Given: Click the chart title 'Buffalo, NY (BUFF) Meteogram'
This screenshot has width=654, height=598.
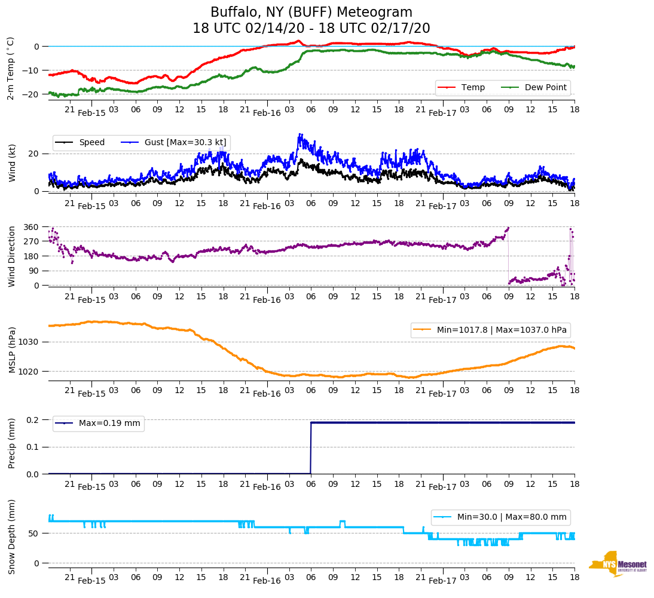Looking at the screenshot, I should click(311, 13).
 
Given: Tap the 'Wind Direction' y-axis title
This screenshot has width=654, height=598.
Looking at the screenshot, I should click(12, 256).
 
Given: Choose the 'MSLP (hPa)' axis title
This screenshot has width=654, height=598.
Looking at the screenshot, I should click(12, 349).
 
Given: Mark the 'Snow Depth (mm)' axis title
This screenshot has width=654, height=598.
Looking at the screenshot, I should click(12, 536).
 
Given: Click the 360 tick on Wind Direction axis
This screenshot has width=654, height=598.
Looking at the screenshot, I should click(31, 227).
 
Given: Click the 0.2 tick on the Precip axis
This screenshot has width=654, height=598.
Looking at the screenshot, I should click(33, 420).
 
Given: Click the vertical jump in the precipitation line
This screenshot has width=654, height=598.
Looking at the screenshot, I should click(310, 448).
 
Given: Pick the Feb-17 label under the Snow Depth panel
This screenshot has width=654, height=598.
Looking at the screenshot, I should click(442, 581).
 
